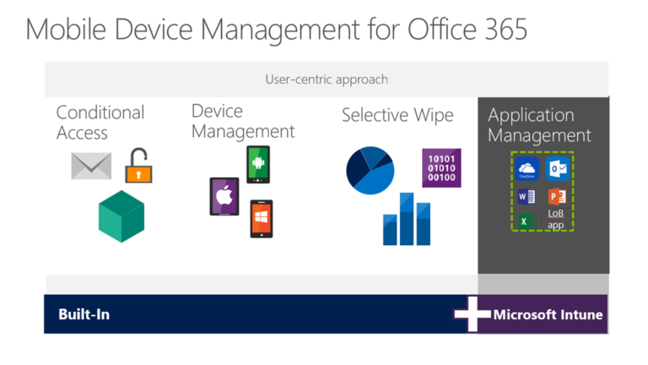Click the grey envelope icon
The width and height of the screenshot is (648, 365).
click(91, 165)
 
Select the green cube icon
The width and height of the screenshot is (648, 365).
click(121, 215)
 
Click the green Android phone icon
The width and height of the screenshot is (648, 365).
click(258, 163)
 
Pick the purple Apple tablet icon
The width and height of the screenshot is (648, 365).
click(224, 196)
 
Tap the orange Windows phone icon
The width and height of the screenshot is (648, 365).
click(262, 218)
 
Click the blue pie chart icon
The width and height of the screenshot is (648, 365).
click(370, 170)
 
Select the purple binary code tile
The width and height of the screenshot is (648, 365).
click(441, 167)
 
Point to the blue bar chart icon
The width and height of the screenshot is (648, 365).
click(408, 219)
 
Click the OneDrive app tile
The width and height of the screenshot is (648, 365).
click(527, 168)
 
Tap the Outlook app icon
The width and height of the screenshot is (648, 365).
click(556, 168)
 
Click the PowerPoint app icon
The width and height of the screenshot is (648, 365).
click(556, 197)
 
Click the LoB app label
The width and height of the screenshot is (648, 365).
click(556, 220)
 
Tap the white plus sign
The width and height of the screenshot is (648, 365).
click(472, 314)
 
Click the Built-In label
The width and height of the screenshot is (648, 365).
click(84, 314)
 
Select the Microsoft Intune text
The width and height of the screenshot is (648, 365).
click(548, 314)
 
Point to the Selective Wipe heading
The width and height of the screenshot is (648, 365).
click(397, 115)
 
